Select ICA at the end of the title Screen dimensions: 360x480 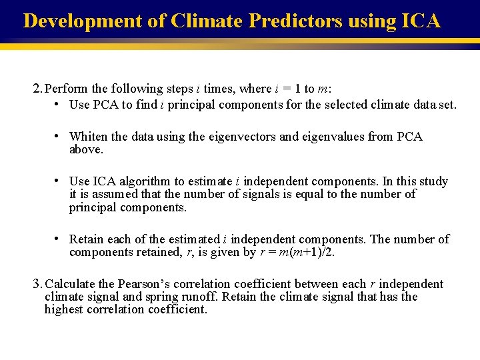pyautogui.click(x=421, y=21)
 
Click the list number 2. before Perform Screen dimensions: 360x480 pyautogui.click(x=38, y=89)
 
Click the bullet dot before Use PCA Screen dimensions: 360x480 pyautogui.click(x=59, y=105)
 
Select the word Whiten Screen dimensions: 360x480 pyautogui.click(x=88, y=137)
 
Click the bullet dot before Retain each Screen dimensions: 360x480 pyautogui.click(x=59, y=239)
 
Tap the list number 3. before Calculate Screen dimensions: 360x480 pyautogui.click(x=37, y=284)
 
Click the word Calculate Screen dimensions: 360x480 pyautogui.click(x=69, y=284)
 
